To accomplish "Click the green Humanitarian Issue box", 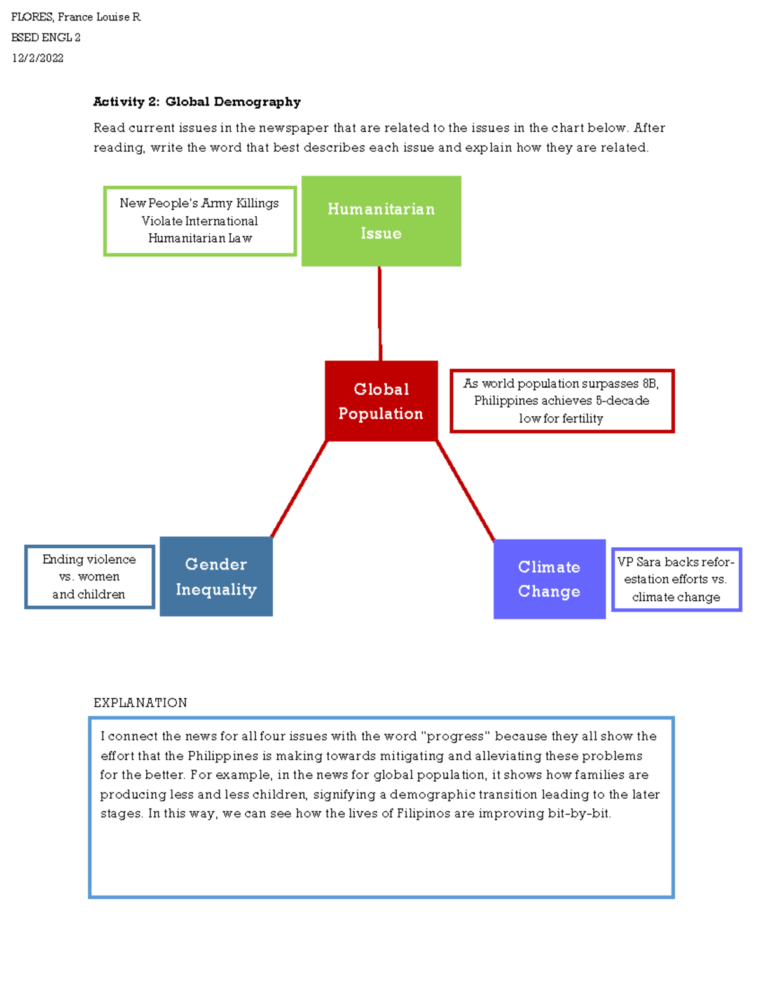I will coord(381,221).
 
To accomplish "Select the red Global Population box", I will coord(381,401).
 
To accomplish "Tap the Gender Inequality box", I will coord(216,576).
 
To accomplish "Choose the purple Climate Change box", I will coord(549,579).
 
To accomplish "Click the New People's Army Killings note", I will coord(200,221).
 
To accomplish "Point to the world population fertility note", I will coord(561,401).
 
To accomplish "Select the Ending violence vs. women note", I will coord(89,576).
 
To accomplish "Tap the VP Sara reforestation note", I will coord(676,579).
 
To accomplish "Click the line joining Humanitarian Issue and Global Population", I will coord(380,313).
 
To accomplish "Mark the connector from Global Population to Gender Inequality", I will coord(299,489).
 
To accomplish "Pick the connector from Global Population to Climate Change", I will coord(465,491).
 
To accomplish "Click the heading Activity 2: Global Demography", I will coord(196,102).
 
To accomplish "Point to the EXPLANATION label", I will coord(140,702).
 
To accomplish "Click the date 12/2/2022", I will coord(38,58).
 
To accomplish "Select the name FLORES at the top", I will coord(32,17).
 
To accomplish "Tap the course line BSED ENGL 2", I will coord(46,37).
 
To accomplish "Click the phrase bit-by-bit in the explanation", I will coord(579,813).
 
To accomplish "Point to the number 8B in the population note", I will coord(649,383).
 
